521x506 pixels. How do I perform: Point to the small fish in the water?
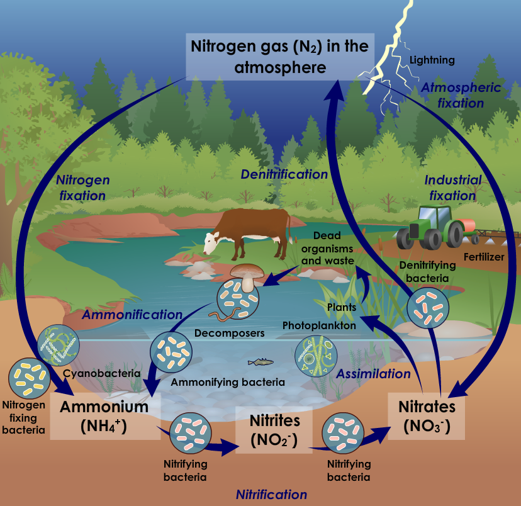tap(260, 361)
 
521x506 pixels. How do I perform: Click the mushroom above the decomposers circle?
tap(245, 275)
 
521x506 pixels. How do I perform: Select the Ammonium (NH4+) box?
tap(104, 415)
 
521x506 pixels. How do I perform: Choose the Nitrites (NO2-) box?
tap(274, 429)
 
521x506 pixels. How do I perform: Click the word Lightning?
tap(432, 60)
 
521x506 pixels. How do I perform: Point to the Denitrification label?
tap(284, 174)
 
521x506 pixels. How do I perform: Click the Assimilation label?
tap(373, 374)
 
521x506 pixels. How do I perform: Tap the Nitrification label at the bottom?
tap(271, 494)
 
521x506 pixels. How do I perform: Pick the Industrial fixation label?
tap(452, 188)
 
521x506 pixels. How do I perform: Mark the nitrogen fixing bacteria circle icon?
tap(28, 379)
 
